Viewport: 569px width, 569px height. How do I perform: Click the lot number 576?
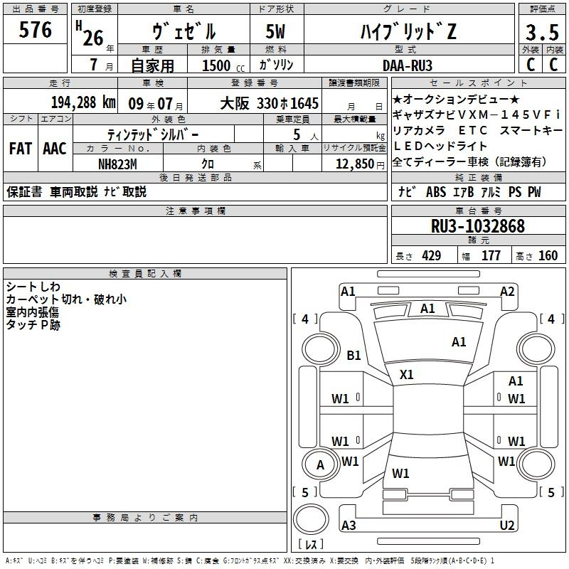click(x=35, y=30)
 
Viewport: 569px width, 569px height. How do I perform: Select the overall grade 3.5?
click(x=542, y=32)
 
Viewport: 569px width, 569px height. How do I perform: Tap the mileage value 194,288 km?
click(x=83, y=102)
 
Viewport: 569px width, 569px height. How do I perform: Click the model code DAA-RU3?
click(x=408, y=65)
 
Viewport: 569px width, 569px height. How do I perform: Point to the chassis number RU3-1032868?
click(x=478, y=225)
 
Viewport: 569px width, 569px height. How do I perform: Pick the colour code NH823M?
click(x=117, y=164)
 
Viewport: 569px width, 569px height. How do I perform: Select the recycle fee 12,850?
click(x=354, y=164)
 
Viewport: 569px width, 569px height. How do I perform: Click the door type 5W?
click(x=275, y=31)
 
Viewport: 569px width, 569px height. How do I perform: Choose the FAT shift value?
click(x=21, y=149)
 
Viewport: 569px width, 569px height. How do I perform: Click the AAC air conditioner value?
click(x=55, y=149)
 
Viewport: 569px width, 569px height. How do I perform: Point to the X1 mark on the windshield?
click(x=406, y=375)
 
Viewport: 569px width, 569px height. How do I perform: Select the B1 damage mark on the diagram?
click(x=353, y=355)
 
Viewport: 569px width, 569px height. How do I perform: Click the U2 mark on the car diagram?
click(x=507, y=525)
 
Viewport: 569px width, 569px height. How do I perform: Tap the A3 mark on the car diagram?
click(x=349, y=525)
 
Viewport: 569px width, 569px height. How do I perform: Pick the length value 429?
click(x=432, y=255)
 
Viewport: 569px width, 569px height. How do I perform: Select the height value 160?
click(x=548, y=255)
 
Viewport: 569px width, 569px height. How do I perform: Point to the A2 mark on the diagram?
click(x=507, y=292)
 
